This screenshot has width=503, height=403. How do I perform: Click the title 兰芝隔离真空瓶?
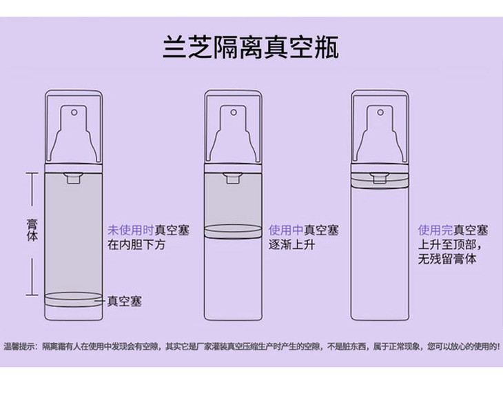point(251,49)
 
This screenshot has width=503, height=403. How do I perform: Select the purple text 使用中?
point(285,230)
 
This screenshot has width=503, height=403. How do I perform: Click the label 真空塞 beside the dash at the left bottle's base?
point(125,302)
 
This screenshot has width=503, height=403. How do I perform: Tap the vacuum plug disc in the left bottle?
point(73,299)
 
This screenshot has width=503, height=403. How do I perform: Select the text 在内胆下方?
point(136,246)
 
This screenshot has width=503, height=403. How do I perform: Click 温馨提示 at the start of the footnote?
point(19,345)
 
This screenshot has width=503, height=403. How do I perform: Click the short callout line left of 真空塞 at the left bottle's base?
point(103,302)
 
